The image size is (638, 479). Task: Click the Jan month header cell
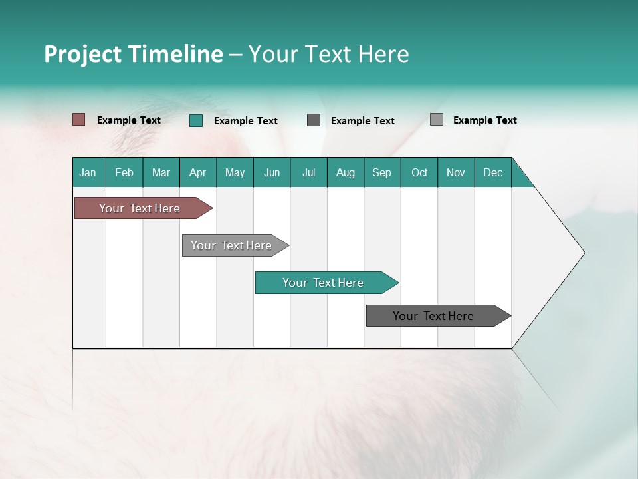click(88, 172)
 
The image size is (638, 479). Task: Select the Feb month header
click(124, 172)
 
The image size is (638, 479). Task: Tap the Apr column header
click(198, 172)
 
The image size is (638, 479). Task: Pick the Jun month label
click(272, 172)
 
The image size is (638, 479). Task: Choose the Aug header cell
click(346, 172)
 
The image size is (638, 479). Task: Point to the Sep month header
click(382, 172)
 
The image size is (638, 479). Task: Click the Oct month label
click(419, 172)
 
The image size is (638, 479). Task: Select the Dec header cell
click(493, 172)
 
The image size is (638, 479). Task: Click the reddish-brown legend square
click(79, 120)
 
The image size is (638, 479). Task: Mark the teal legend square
click(196, 120)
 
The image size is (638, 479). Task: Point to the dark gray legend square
click(314, 120)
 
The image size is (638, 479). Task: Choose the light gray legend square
click(437, 120)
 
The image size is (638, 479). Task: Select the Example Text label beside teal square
click(246, 121)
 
